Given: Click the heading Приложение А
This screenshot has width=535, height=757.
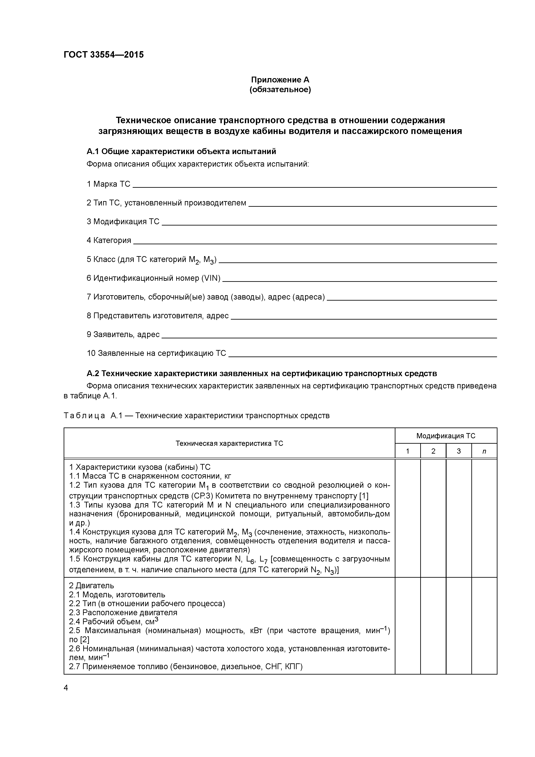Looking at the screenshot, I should click(280, 80).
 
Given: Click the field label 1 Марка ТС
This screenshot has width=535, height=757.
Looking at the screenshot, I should click(109, 184).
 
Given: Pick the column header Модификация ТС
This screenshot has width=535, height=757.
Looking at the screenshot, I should click(446, 436).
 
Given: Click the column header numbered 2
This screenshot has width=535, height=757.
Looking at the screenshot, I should click(433, 451).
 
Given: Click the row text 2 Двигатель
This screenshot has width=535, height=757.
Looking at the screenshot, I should click(91, 586).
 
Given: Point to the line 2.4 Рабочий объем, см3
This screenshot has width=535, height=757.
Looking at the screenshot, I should click(114, 621).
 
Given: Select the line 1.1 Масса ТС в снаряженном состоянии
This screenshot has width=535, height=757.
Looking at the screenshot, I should click(150, 476).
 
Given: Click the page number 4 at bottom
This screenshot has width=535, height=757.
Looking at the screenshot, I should click(66, 688).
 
